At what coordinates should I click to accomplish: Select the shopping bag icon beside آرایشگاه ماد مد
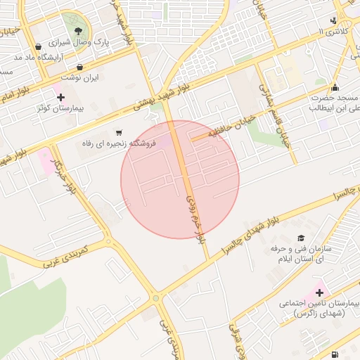(37, 47)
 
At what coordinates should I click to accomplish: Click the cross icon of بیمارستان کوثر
(60, 97)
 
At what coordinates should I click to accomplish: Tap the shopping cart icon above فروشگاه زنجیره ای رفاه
(119, 131)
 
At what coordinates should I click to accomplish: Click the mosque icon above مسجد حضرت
(334, 88)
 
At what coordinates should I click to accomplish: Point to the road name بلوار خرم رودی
(196, 219)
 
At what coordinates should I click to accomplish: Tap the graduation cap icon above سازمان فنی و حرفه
(301, 238)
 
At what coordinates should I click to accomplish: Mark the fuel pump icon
(335, 354)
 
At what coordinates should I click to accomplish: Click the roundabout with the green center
(155, 299)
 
